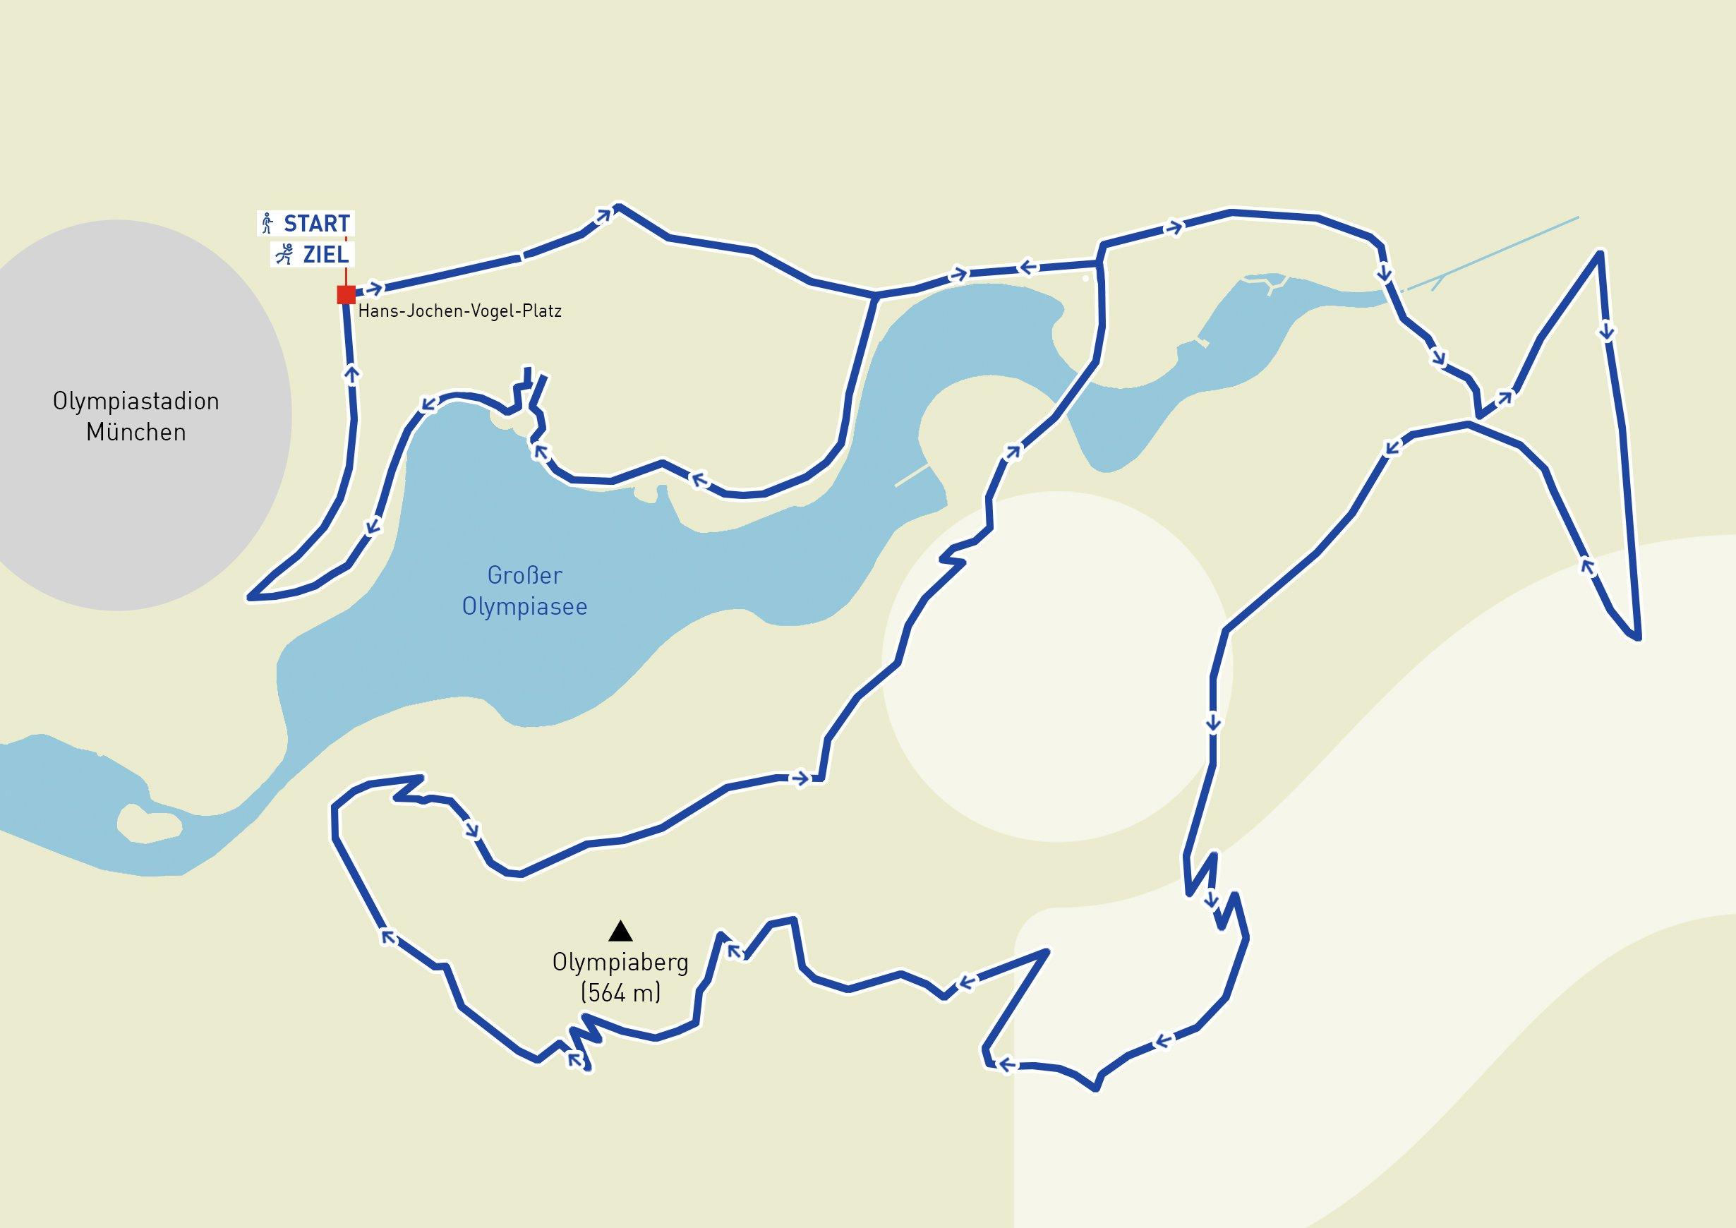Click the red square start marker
tap(346, 294)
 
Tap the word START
tap(316, 224)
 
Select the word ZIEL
tap(326, 255)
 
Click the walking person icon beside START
tap(266, 224)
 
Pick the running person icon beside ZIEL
tap(284, 255)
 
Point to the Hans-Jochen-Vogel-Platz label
tap(459, 311)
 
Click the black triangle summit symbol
tap(620, 931)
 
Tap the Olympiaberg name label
tap(620, 963)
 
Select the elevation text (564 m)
tap(620, 993)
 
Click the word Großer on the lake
tap(525, 575)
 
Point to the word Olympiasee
tap(525, 606)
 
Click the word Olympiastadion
tap(136, 401)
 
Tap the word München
tap(136, 433)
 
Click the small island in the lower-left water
tap(150, 824)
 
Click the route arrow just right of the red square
tap(374, 289)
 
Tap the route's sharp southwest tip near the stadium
tap(251, 597)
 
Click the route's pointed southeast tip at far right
tap(1637, 637)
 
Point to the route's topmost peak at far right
tap(1600, 253)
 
